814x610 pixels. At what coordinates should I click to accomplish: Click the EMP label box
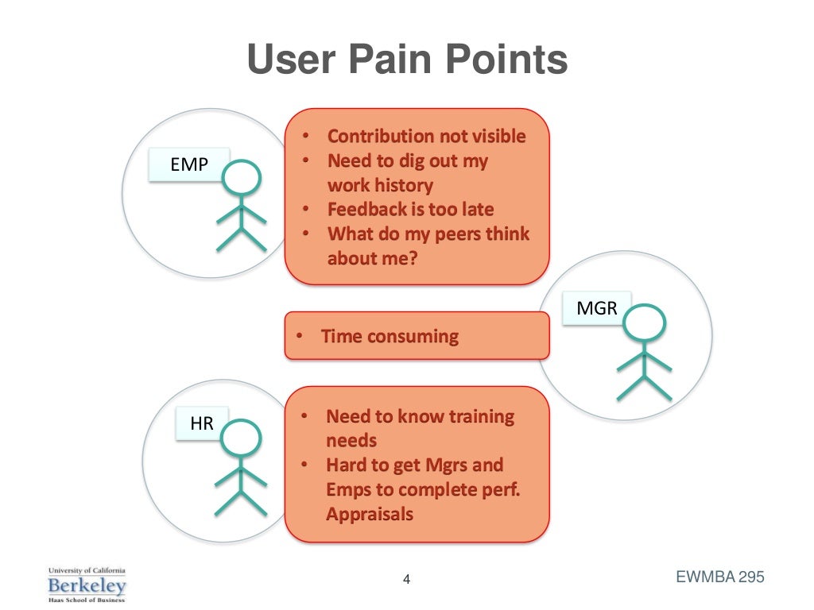(x=189, y=165)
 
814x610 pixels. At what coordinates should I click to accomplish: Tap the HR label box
(x=202, y=424)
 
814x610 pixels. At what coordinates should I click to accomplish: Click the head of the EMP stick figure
(x=241, y=179)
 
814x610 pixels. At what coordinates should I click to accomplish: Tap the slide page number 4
(x=406, y=579)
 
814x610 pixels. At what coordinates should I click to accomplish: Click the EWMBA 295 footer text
(x=719, y=577)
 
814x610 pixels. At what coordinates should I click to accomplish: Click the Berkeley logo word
(x=87, y=586)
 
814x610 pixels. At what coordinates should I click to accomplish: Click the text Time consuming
(x=390, y=336)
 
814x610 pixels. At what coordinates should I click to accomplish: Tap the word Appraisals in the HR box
(x=370, y=514)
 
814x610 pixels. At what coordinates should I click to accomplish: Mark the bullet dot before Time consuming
(x=299, y=336)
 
